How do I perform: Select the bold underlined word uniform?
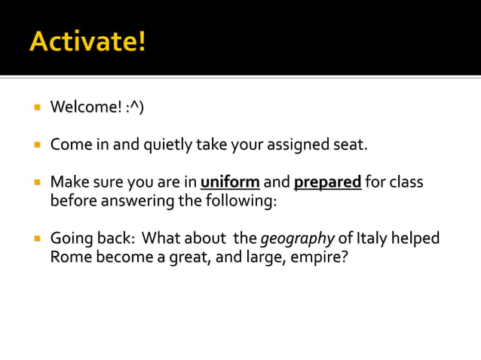(x=230, y=183)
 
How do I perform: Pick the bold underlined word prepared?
(x=327, y=183)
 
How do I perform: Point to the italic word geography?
(x=297, y=239)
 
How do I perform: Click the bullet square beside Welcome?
(x=35, y=107)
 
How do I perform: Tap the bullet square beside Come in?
(x=35, y=144)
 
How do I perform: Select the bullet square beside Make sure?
(x=35, y=182)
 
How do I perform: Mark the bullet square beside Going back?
(x=35, y=239)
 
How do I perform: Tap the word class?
(x=406, y=183)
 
